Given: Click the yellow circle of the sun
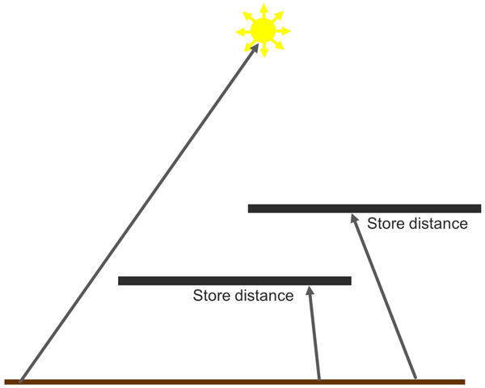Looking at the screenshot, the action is [263, 31].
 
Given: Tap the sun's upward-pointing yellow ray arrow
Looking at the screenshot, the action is [264, 11].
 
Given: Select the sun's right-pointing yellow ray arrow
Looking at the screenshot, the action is [283, 31].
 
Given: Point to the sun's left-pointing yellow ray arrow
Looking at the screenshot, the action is [243, 32].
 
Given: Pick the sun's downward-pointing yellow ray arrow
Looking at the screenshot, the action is [264, 50].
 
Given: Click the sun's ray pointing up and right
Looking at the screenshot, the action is [277, 17].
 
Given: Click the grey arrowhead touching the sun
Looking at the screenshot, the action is [255, 48].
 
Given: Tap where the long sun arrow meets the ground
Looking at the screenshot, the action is [20, 382].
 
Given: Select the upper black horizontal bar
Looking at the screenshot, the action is [365, 209].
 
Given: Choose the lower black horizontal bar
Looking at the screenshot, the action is [234, 280].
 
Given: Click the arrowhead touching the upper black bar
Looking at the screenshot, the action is [354, 218].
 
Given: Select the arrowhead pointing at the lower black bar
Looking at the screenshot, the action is [310, 290].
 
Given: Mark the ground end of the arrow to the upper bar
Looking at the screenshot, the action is [415, 377].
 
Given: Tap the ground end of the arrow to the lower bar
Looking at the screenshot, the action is [319, 379].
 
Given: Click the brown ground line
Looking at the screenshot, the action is [234, 382].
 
